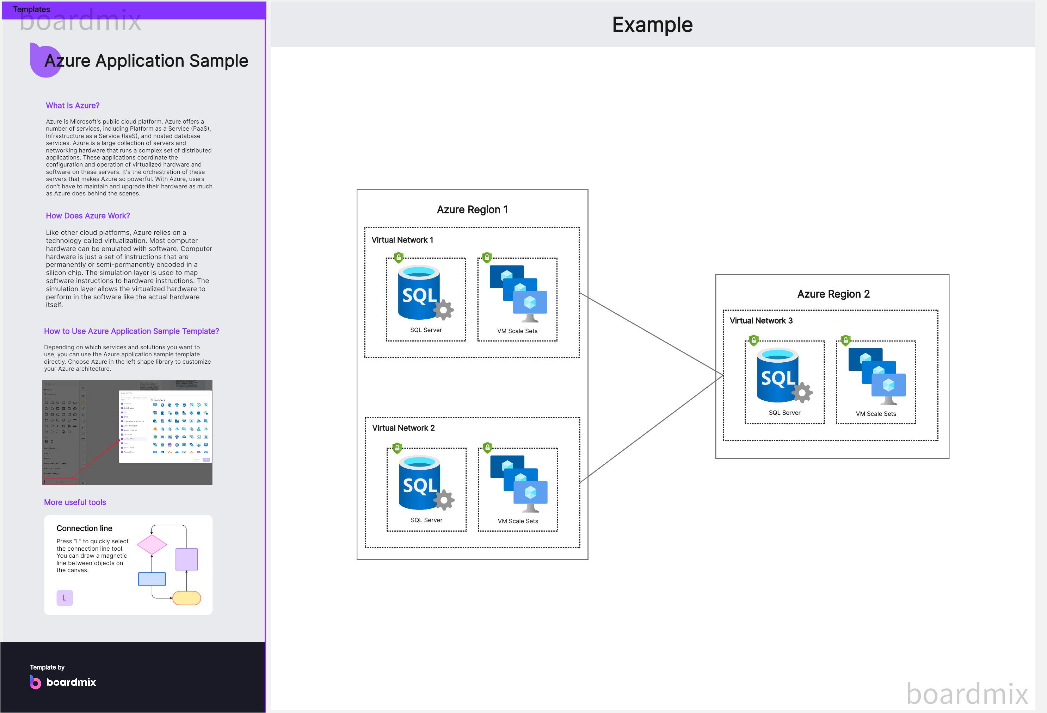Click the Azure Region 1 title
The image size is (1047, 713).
pyautogui.click(x=472, y=210)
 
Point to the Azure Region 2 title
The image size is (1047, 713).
pyautogui.click(x=833, y=294)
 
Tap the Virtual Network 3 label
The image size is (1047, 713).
pyautogui.click(x=761, y=320)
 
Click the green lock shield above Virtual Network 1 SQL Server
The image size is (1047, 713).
pyautogui.click(x=398, y=257)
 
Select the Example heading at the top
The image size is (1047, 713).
pyautogui.click(x=652, y=25)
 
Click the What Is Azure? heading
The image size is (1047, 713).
pyautogui.click(x=73, y=105)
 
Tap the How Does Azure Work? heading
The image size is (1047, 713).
pyautogui.click(x=88, y=215)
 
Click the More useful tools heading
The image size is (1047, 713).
pyautogui.click(x=75, y=502)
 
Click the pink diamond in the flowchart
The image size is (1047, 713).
pyautogui.click(x=152, y=545)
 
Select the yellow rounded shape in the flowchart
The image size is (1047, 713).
pyautogui.click(x=186, y=598)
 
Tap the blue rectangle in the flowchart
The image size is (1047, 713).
pyautogui.click(x=152, y=579)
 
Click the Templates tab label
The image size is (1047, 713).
pyautogui.click(x=31, y=10)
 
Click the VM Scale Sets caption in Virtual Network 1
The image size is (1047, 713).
pyautogui.click(x=517, y=331)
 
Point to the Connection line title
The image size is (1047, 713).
pyautogui.click(x=84, y=529)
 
